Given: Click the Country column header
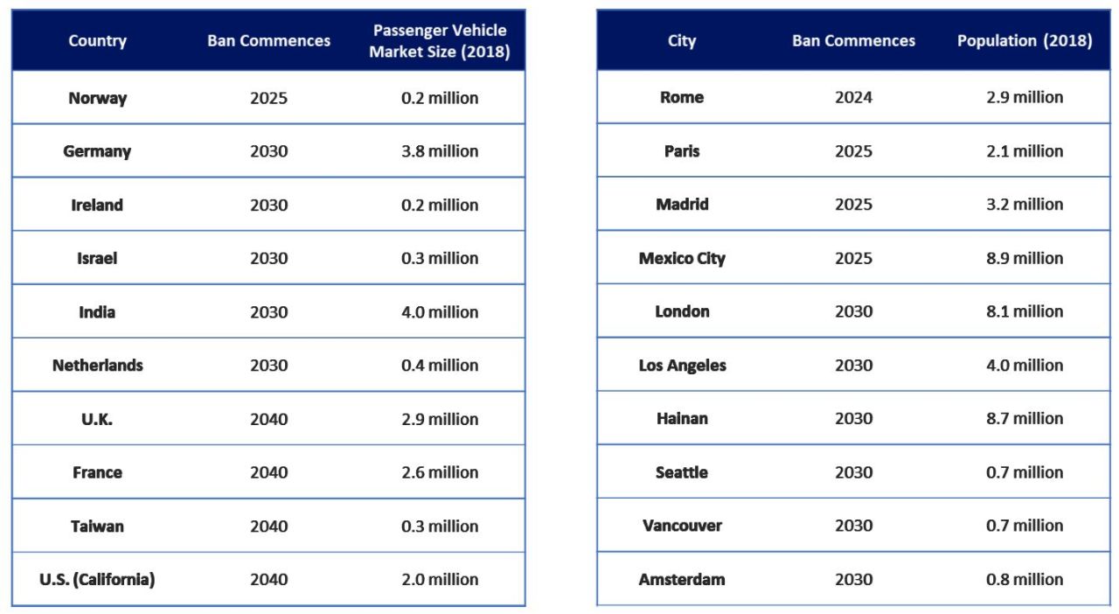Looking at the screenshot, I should pos(97,41).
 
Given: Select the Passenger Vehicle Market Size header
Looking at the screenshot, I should pos(439,41).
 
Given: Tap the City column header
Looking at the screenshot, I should pos(682,41).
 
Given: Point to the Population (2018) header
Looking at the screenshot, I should pos(1025,41).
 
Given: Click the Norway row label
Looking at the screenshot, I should pos(97,98).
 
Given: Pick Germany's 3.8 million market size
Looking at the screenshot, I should pos(440,151).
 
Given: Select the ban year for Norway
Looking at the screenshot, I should pos(268,98).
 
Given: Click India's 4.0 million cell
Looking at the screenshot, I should pos(440,312).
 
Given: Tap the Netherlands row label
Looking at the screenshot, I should pos(97,366).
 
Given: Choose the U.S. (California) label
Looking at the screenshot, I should pos(97,579).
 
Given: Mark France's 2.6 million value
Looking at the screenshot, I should pos(440,472).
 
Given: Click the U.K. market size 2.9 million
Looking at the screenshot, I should pos(440,419).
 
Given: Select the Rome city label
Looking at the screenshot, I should pos(682,97).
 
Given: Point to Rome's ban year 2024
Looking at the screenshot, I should pos(853,97).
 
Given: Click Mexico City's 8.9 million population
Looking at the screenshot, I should pos(1025,258).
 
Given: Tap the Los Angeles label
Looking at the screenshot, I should pos(682,366).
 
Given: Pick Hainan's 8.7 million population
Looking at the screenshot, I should pos(1025,419).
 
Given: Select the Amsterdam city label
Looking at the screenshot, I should pos(682,579).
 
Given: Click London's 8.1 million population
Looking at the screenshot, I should pos(1025,311).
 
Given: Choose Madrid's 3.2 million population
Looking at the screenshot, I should pos(1025,205).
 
